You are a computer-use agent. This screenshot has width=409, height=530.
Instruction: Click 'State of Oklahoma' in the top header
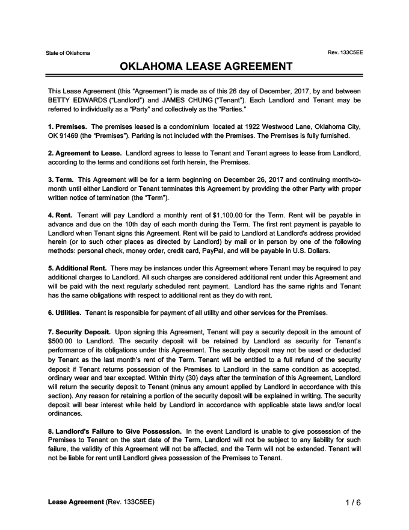point(68,54)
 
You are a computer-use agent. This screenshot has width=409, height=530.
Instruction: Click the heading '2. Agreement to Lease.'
point(85,154)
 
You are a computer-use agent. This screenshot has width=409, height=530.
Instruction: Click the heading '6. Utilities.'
point(64,313)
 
